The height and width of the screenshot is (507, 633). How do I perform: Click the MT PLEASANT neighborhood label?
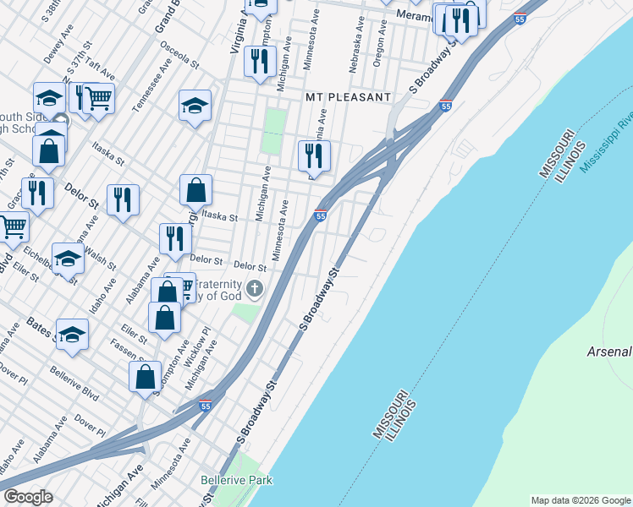(x=348, y=97)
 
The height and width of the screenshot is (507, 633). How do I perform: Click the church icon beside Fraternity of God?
(x=255, y=292)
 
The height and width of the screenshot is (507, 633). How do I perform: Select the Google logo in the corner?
(x=28, y=497)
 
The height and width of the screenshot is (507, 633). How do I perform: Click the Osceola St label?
(x=179, y=57)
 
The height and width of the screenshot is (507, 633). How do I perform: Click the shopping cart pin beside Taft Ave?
(x=99, y=99)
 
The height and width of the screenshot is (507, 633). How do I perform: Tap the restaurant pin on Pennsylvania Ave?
(x=314, y=156)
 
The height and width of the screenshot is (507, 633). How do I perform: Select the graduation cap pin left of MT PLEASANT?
(x=195, y=106)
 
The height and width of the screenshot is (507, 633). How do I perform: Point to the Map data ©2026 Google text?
(x=580, y=500)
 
